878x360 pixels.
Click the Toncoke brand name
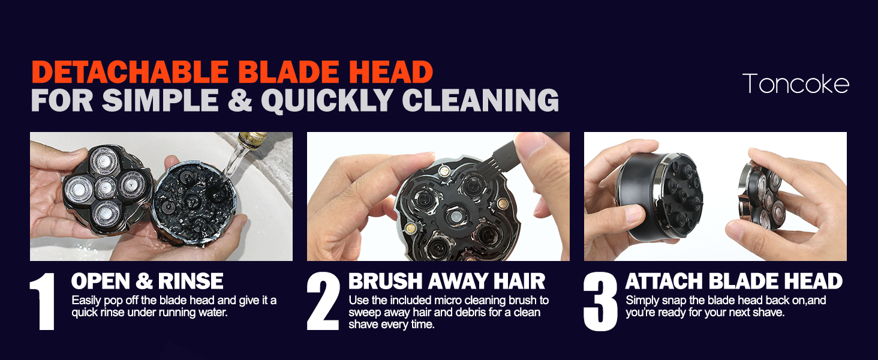click(795, 83)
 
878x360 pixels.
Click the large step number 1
click(44, 301)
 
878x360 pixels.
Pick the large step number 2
click(323, 301)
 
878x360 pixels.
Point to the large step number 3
click(600, 301)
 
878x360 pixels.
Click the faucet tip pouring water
click(248, 142)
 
